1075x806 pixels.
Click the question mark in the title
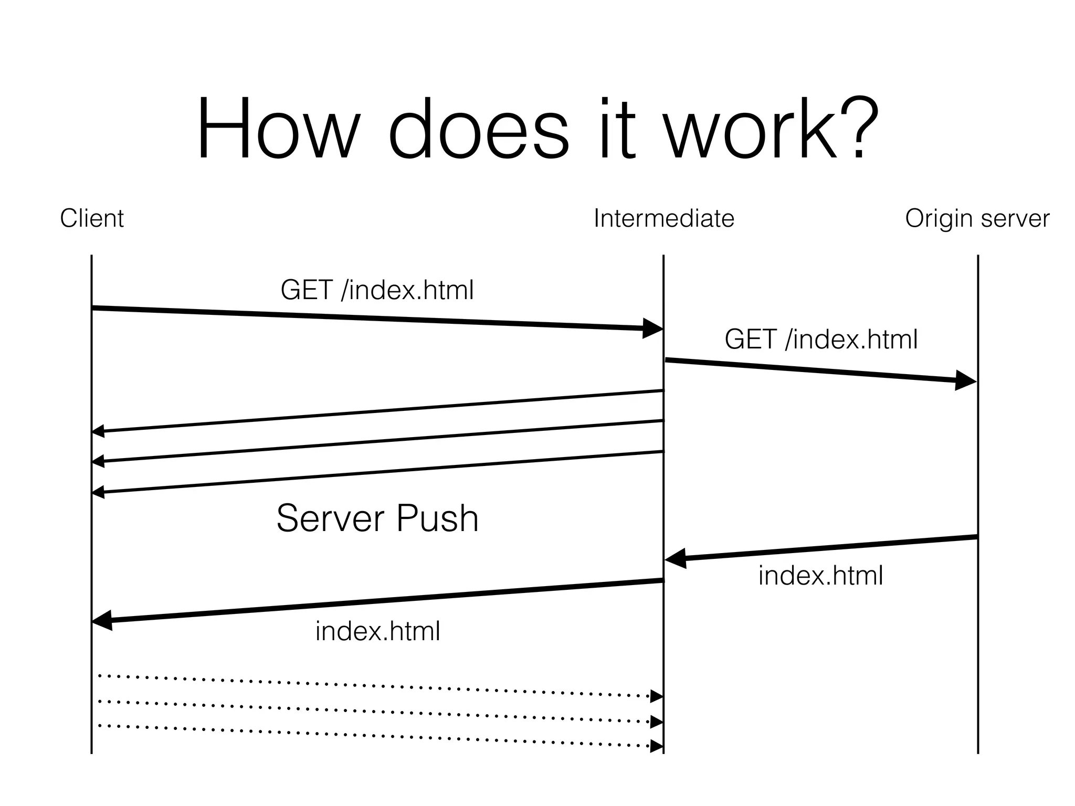click(x=859, y=129)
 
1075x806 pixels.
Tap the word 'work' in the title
click(x=751, y=129)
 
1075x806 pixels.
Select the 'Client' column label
click(x=92, y=218)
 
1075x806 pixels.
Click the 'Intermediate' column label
click(x=663, y=218)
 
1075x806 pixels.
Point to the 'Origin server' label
click(x=977, y=218)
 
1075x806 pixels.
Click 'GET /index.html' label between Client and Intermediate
click(x=377, y=290)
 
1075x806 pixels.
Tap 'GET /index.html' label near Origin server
click(x=821, y=339)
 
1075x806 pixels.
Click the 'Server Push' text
click(x=377, y=518)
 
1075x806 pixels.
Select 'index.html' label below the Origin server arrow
click(x=821, y=576)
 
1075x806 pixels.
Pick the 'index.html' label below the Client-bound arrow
click(x=377, y=631)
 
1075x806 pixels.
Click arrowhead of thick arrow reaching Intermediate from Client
click(x=654, y=328)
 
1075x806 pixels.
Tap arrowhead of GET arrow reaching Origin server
click(x=966, y=380)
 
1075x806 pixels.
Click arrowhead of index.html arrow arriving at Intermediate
click(x=676, y=558)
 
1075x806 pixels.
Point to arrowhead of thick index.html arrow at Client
click(x=103, y=620)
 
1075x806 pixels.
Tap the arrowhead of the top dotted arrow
click(x=657, y=696)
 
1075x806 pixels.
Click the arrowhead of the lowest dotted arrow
click(x=657, y=746)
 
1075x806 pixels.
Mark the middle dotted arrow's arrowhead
click(x=657, y=722)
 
